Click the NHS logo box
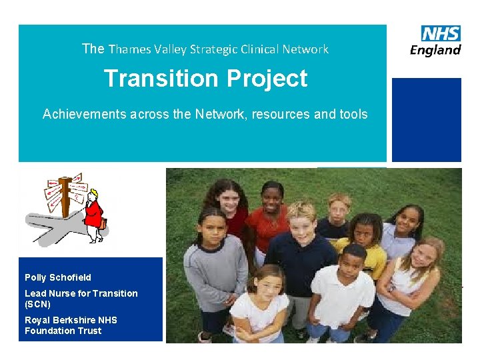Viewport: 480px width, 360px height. [441, 33]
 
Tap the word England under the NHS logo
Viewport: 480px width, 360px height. [435, 51]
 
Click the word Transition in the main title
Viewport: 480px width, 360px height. [161, 79]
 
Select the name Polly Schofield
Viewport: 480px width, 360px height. [58, 277]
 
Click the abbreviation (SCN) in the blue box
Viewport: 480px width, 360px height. [38, 304]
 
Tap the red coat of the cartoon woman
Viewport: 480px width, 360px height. [94, 214]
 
